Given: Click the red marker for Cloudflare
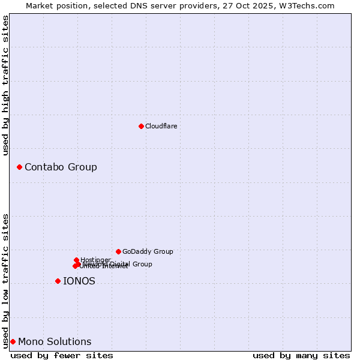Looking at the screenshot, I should pyautogui.click(x=141, y=126).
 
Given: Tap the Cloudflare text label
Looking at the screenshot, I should pyautogui.click(x=161, y=127).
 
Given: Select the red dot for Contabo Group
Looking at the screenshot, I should pyautogui.click(x=19, y=167).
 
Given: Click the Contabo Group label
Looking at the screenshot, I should pyautogui.click(x=61, y=167).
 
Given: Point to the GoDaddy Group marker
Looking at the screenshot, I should pyautogui.click(x=118, y=251).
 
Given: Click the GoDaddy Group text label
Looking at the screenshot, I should pyautogui.click(x=148, y=252).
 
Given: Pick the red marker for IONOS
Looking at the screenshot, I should pyautogui.click(x=58, y=281).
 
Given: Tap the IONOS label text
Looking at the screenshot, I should pyautogui.click(x=79, y=281).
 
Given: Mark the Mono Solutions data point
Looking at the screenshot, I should pyautogui.click(x=13, y=341).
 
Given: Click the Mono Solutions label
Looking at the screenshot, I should pyautogui.click(x=55, y=342).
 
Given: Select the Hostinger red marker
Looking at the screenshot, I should pyautogui.click(x=76, y=260).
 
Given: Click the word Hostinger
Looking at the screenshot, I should pyautogui.click(x=95, y=260).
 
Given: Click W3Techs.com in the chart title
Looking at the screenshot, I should pyautogui.click(x=310, y=5).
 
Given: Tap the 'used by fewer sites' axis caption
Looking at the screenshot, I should pyautogui.click(x=62, y=355).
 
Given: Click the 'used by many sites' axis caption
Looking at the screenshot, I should pyautogui.click(x=301, y=355).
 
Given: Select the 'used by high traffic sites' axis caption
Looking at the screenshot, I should pyautogui.click(x=5, y=85).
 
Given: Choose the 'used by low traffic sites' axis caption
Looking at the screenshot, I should pyautogui.click(x=5, y=280).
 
